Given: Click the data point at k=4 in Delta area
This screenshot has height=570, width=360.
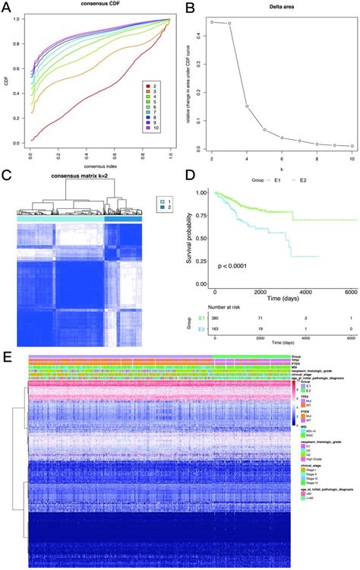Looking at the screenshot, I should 246,106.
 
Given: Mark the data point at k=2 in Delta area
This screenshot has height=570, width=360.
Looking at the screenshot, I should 212,22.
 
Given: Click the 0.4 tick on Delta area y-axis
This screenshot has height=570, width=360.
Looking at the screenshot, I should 200,36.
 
